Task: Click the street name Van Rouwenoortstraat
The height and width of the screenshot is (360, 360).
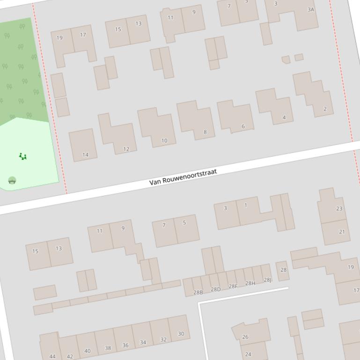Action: click(183, 178)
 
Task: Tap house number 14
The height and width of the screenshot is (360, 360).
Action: click(85, 155)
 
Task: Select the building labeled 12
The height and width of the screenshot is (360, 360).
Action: click(126, 149)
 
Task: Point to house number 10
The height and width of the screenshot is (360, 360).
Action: click(164, 140)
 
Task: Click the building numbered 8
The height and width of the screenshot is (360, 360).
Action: click(205, 132)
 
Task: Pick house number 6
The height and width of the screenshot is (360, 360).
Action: click(243, 126)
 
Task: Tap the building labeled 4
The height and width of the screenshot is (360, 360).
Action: click(284, 117)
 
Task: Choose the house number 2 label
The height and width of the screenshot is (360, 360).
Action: click(325, 109)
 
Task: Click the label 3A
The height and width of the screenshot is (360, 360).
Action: click(311, 9)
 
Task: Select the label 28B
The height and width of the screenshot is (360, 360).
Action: click(198, 293)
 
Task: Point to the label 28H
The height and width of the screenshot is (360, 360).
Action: click(250, 283)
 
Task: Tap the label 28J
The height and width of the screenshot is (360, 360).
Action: click(267, 280)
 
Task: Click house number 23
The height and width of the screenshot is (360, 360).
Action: click(339, 209)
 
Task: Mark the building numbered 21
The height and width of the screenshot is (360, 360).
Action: click(342, 231)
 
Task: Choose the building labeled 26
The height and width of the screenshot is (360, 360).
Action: click(245, 337)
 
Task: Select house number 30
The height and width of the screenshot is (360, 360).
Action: click(181, 334)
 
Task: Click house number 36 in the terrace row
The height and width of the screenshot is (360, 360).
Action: click(125, 345)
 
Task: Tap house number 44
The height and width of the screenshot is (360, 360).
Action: click(52, 356)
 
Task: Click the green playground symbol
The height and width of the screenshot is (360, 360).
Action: click(22, 156)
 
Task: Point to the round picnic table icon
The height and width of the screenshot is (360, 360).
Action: click(12, 180)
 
